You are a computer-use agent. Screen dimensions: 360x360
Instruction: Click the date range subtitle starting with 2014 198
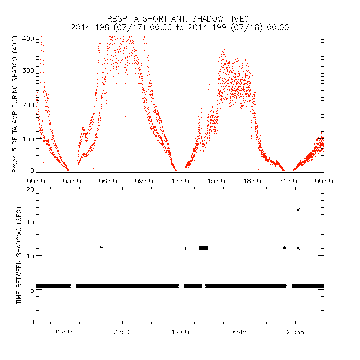point(180,27)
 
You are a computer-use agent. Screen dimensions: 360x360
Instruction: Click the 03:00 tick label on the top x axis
point(72,181)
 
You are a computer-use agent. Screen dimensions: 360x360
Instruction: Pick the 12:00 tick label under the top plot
point(180,181)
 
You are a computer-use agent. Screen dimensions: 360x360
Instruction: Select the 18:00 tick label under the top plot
point(252,181)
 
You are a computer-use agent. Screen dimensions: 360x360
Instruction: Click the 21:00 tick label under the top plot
point(288,181)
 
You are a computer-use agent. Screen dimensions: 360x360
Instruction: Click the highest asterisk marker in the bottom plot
point(298,210)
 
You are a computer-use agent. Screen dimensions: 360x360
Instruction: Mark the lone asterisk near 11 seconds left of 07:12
point(102,247)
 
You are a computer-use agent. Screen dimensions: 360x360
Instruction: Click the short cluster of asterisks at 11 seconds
point(203,247)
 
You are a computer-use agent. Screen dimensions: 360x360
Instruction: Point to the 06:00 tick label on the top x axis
point(108,181)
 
